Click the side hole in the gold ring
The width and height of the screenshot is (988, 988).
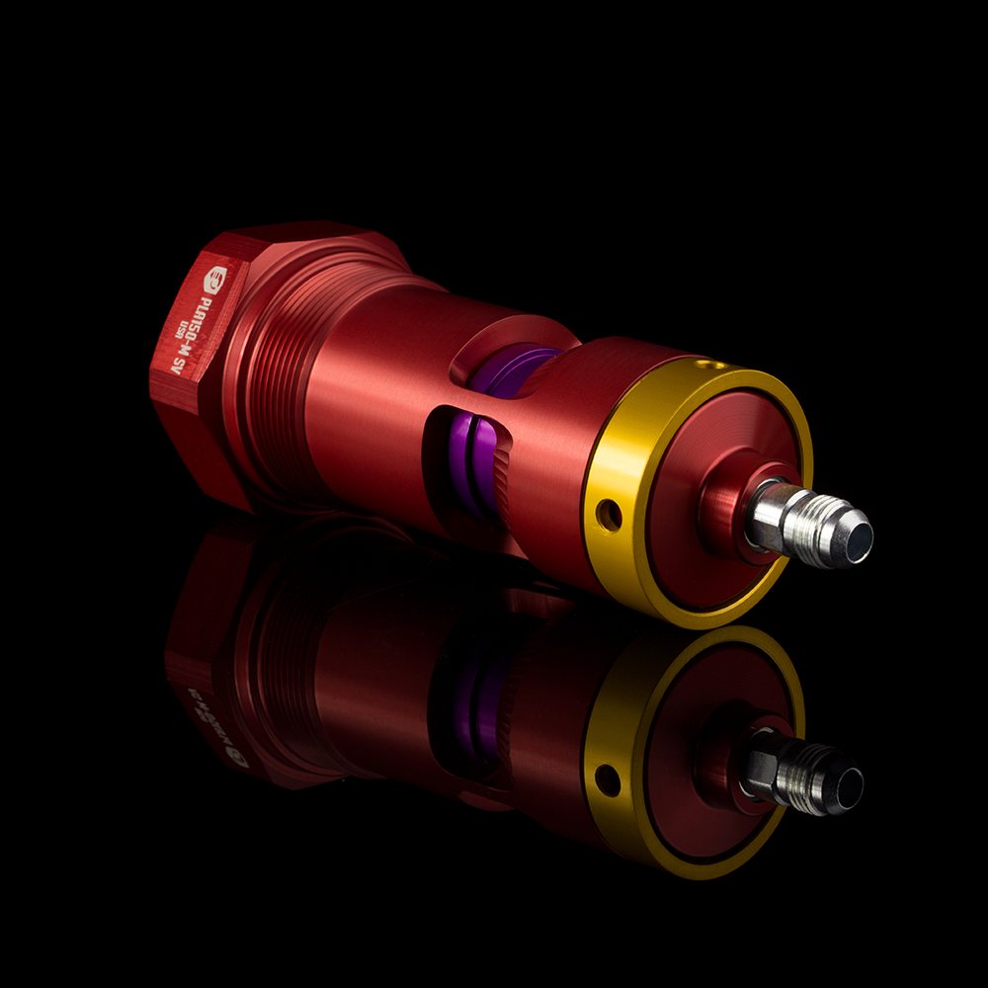click(x=609, y=514)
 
